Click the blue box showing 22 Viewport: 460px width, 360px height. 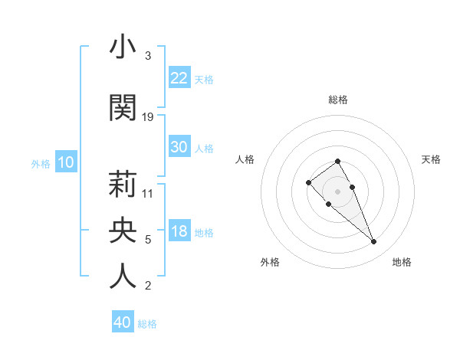[179, 77]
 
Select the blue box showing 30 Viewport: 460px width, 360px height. [179, 147]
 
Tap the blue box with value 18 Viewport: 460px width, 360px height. [179, 232]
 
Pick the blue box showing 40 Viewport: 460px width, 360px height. [123, 322]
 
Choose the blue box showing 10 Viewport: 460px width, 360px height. [66, 162]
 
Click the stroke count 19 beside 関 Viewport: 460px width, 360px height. [148, 117]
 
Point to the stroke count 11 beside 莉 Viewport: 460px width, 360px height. [148, 194]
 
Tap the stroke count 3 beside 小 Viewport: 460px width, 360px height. [147, 56]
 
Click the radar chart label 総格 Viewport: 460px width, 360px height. [337, 100]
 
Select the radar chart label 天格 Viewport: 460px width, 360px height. [431, 159]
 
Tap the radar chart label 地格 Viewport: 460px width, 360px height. [402, 262]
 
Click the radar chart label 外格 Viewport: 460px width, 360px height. [270, 262]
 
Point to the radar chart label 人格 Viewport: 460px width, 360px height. [245, 159]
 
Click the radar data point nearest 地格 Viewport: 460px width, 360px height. [373, 242]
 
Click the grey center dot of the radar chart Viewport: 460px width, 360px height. [337, 191]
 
